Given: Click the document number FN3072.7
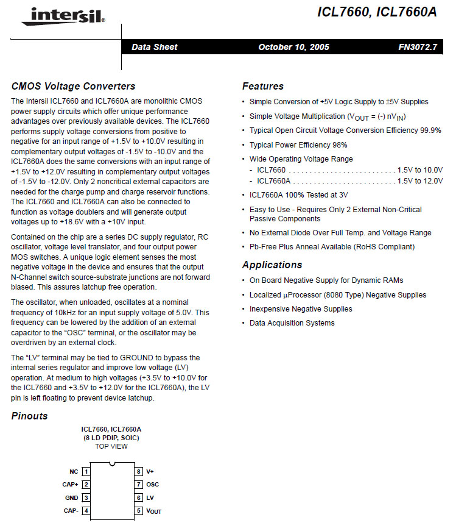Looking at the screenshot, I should (418, 47).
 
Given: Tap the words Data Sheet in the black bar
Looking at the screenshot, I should (155, 47).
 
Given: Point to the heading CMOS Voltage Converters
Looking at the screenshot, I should (73, 87).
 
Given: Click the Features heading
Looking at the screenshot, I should (263, 87).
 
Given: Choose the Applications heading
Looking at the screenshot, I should (272, 265).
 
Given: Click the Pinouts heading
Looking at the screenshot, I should (29, 416).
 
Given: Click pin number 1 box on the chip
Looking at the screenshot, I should (86, 471).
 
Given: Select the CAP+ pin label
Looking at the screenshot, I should (71, 485).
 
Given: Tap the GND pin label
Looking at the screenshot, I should (72, 497).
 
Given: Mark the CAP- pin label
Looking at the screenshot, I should (71, 511).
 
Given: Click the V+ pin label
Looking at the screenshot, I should (150, 471).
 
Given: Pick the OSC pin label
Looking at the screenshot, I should (152, 485).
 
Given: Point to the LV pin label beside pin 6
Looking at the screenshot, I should (150, 497).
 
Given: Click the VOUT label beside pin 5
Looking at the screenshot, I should (154, 511).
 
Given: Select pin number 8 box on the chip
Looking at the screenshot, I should (139, 471).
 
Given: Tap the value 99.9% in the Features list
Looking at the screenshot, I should (430, 130).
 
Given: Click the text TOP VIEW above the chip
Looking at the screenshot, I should (111, 446).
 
